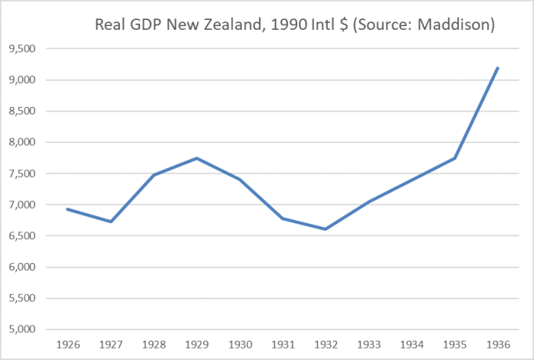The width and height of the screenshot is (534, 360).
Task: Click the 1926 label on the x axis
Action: (68, 343)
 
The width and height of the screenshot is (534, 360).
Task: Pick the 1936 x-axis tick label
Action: (497, 343)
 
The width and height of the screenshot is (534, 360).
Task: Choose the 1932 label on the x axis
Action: (325, 343)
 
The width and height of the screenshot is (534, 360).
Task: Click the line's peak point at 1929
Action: (197, 158)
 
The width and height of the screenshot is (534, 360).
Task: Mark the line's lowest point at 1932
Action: (325, 229)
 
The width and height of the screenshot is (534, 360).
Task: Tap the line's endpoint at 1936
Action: (497, 68)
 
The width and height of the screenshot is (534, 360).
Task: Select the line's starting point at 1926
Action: (68, 209)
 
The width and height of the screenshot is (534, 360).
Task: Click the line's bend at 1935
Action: (455, 158)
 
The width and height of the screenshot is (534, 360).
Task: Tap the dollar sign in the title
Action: (345, 25)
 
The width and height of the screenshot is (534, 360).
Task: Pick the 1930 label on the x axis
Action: (240, 343)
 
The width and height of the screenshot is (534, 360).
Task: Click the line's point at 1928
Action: (154, 175)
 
